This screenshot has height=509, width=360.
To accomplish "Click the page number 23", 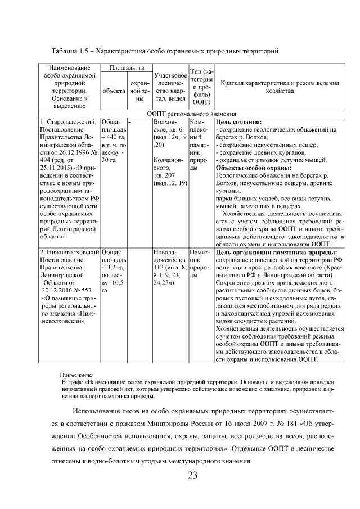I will point(192,476).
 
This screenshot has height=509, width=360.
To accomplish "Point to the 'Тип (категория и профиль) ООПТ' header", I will point(201,87).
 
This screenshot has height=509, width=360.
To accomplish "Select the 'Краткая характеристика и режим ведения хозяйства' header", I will point(280,87).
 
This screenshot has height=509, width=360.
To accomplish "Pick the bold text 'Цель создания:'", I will point(238,121).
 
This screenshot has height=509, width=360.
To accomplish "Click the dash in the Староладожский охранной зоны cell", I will point(130,121).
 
